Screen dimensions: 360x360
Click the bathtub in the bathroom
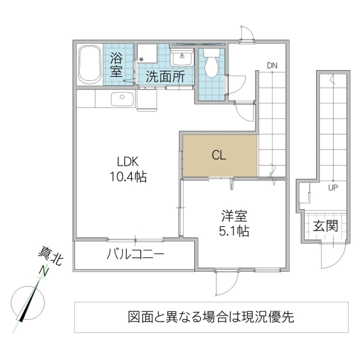click(90, 64)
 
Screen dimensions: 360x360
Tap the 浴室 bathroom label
click(116, 64)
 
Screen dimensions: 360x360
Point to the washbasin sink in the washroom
click(181, 58)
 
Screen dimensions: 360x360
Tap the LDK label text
click(128, 161)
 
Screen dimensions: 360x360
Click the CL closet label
click(218, 155)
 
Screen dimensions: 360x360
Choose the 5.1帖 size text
click(234, 230)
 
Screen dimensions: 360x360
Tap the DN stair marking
click(272, 65)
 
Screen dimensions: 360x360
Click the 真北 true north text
click(49, 257)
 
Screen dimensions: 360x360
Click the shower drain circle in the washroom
click(142, 59)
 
